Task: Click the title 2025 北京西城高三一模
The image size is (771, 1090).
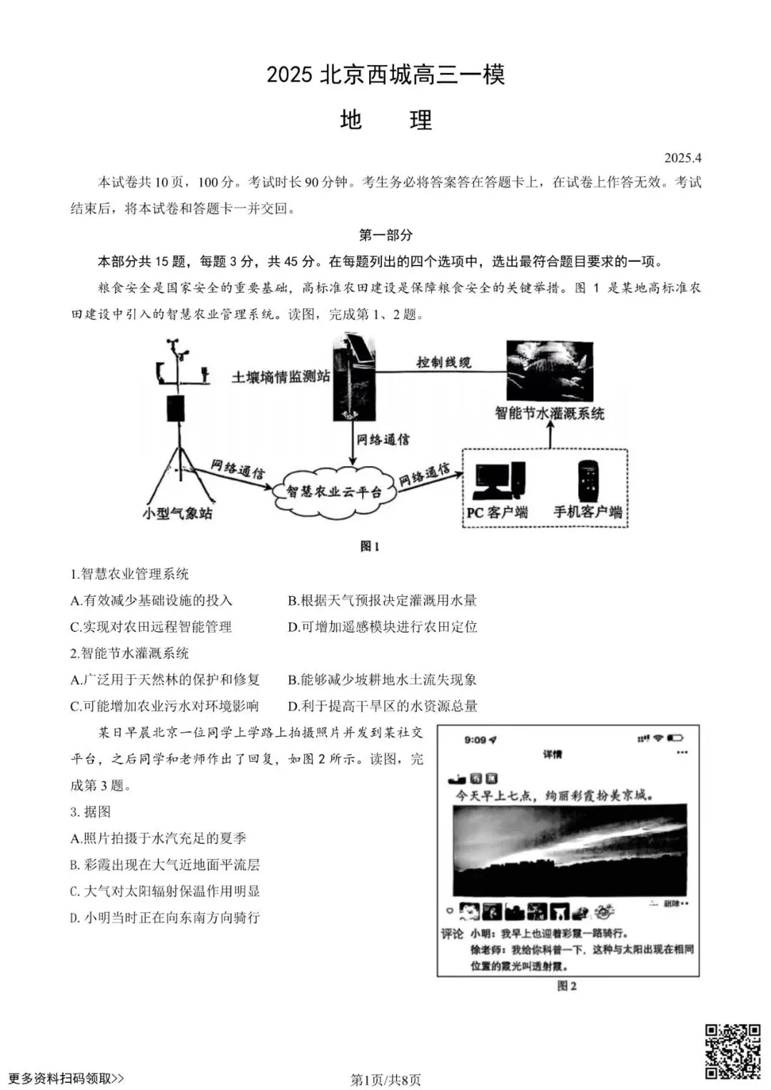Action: click(x=385, y=75)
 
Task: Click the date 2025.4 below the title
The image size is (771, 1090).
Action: click(x=682, y=158)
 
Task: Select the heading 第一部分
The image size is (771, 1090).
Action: click(x=385, y=235)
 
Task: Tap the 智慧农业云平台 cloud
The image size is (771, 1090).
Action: click(x=334, y=491)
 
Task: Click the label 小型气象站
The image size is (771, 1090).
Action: click(x=177, y=513)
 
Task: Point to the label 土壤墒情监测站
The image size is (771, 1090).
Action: click(x=281, y=376)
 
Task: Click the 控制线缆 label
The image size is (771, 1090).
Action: click(x=444, y=363)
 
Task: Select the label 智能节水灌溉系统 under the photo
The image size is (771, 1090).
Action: click(x=550, y=413)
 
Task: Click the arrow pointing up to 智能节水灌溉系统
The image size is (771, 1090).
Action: click(x=550, y=435)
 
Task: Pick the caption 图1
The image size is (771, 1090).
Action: click(x=370, y=546)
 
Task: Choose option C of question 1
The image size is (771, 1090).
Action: click(x=151, y=627)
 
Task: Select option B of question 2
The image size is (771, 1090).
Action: click(x=382, y=680)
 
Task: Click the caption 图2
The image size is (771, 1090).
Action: click(x=567, y=986)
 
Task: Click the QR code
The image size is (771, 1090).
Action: click(x=732, y=1051)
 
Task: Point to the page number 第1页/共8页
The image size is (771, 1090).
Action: click(x=385, y=1079)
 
